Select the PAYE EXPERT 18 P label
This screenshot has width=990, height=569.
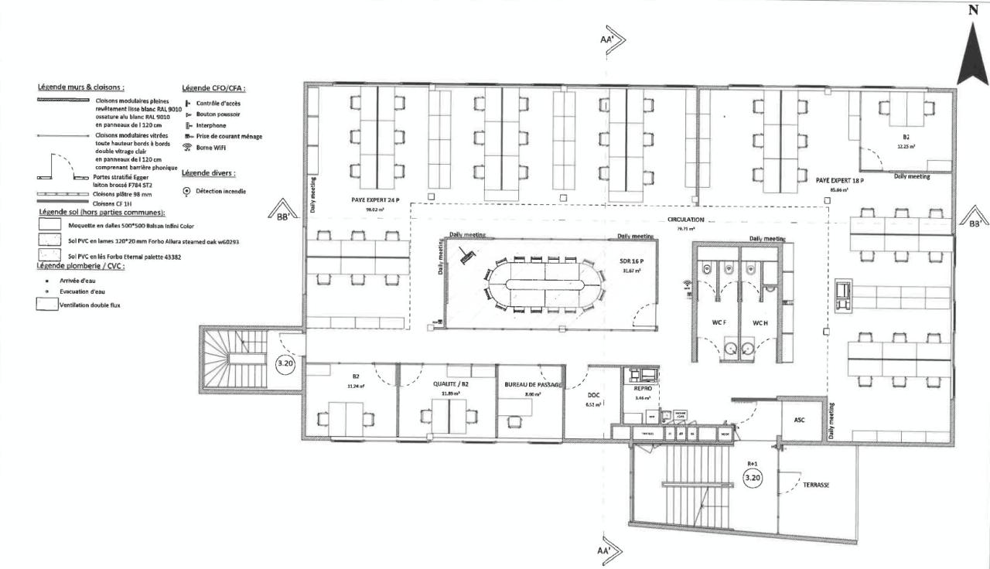point(839,179)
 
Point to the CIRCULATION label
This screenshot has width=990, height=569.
point(685,220)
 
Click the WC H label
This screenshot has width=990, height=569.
point(760,322)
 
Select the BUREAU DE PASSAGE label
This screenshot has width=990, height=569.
point(532,384)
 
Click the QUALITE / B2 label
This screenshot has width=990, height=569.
point(448,383)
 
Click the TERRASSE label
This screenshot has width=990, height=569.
point(817,485)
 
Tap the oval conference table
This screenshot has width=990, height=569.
point(545,285)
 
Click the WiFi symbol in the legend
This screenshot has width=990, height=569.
point(186,147)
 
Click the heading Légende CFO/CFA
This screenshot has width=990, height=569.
point(213,87)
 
